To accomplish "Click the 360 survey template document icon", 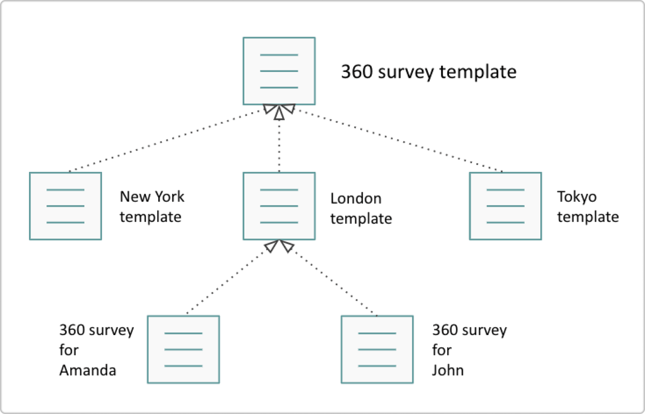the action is tap(279, 71).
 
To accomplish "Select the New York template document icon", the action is tap(65, 206).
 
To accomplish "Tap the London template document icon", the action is tap(279, 206).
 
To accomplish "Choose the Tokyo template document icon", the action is tap(505, 206).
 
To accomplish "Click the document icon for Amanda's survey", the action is tap(183, 349).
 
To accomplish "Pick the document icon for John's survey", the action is tap(377, 349).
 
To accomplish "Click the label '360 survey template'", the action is tap(429, 72).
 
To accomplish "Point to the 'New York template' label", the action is tap(152, 207).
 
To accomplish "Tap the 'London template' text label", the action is tap(361, 208).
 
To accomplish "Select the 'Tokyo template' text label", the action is tap(588, 207).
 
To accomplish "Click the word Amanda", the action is tap(88, 370).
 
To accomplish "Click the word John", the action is tap(448, 370).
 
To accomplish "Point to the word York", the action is tap(170, 196).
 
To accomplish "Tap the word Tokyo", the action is tap(577, 197).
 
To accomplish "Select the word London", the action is tap(356, 198).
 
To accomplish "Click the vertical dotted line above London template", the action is tap(279, 145).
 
